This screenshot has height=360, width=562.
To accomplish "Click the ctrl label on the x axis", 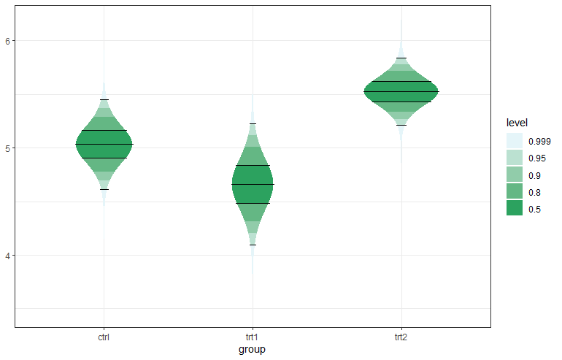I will coord(104,338).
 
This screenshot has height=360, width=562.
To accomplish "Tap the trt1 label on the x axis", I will coord(253,338).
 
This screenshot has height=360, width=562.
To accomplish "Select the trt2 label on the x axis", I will coord(401,338).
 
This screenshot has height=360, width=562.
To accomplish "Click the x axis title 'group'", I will coord(252,350).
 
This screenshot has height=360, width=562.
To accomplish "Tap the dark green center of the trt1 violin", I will coord(253,184).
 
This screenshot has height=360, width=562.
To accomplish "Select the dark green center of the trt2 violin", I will coord(401,91).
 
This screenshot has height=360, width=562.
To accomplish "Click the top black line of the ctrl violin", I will coord(104,99).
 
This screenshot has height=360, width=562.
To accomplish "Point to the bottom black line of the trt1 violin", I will coord(253,245).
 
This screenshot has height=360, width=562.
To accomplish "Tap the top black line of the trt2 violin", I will coord(401,58).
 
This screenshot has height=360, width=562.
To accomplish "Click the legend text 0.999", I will coord(539,142).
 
